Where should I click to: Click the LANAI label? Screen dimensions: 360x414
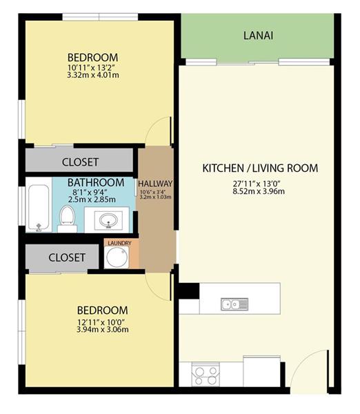258,35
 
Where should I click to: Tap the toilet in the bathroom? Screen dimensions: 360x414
67,219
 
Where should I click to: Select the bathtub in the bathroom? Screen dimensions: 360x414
39,208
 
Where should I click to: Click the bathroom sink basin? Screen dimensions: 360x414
108,219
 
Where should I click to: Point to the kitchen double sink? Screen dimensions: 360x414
234,304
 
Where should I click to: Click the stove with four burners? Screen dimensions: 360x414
206,375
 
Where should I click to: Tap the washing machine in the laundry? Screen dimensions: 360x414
117,257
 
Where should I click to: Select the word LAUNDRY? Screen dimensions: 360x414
119,243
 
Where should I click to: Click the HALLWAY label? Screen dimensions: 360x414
155,184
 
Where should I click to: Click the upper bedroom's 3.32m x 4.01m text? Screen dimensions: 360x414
93,75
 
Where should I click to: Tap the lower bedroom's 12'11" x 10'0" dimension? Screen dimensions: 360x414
101,322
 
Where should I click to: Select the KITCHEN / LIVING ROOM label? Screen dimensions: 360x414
260,168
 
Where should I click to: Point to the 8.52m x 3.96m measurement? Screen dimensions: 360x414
259,191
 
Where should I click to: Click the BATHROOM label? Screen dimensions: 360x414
96,182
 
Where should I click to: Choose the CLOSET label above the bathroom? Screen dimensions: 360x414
80,162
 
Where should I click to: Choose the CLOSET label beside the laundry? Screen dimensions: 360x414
67,257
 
